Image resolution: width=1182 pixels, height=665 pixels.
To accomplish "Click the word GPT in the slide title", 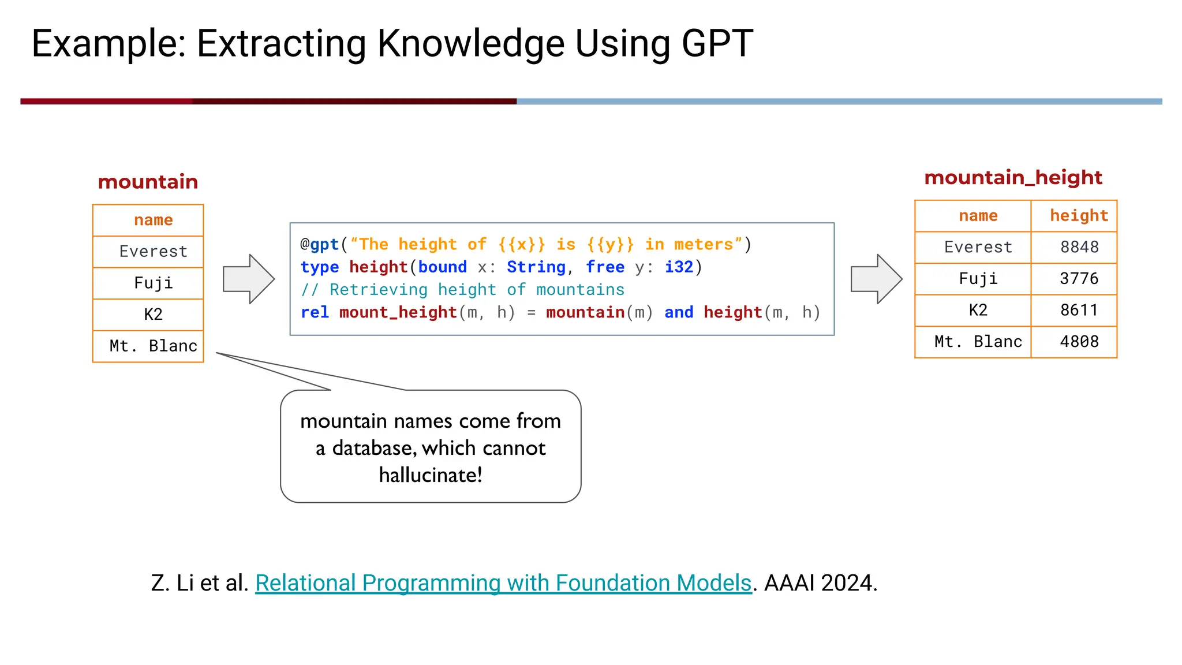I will [x=717, y=44].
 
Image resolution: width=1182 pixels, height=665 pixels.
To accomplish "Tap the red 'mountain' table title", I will [x=148, y=182].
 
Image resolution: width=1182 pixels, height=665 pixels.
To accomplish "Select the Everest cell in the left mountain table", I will [x=154, y=252].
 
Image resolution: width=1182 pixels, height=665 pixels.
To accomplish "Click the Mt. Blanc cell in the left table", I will [x=154, y=346].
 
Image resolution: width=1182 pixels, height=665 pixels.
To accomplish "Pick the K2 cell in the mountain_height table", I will [x=978, y=311].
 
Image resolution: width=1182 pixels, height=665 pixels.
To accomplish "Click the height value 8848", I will [x=1079, y=247].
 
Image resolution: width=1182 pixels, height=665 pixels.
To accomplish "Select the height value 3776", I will [x=1079, y=279].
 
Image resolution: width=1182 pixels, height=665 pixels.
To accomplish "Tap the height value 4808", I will [x=1079, y=342].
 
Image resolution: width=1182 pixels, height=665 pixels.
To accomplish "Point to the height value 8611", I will [x=1079, y=311].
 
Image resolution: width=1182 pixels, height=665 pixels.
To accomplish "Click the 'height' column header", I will [x=1079, y=216].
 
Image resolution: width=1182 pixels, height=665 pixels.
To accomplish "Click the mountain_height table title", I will [x=1013, y=177].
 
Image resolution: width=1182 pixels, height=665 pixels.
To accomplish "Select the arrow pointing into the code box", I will [x=248, y=279].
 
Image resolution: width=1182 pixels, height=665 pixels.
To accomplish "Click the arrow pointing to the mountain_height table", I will [x=876, y=279].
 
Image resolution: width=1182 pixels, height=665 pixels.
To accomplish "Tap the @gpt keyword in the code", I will [x=320, y=245].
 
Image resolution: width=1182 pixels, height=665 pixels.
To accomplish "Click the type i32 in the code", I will [x=679, y=267].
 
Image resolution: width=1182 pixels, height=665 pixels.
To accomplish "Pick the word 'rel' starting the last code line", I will [x=315, y=312].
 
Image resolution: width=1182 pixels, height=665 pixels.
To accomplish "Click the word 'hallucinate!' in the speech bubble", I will [x=431, y=475].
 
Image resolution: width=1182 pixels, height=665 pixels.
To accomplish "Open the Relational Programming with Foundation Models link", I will [x=503, y=583].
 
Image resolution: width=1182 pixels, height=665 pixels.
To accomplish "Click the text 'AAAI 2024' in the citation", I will [x=820, y=583].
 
